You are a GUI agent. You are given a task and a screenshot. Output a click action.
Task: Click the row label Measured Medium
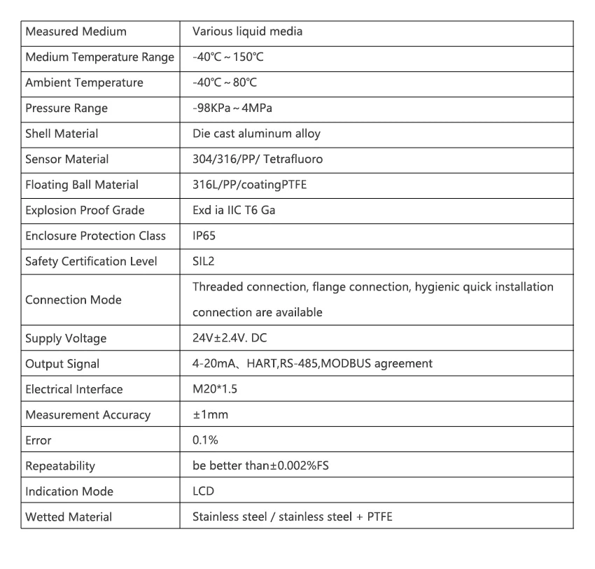coord(76,31)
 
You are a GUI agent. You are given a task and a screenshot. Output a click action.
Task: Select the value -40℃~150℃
coord(227,57)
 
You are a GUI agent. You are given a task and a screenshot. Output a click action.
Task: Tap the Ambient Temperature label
coord(84,83)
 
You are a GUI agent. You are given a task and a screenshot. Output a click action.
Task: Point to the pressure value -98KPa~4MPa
coord(232,108)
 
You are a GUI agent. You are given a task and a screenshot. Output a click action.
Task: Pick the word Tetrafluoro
coord(293,159)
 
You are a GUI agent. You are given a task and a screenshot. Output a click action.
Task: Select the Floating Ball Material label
coord(82,185)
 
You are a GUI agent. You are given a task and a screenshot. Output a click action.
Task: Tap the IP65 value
coord(204,236)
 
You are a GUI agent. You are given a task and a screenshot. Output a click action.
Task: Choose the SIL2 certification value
coord(203,261)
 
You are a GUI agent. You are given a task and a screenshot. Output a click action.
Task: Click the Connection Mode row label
coord(73,300)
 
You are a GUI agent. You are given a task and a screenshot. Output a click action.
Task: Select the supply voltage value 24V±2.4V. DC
coord(230,339)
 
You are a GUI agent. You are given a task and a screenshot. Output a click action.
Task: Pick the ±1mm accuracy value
coord(210,415)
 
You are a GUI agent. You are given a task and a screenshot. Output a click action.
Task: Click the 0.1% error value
coord(205,440)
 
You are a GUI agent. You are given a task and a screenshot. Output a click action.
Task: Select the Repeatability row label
coord(60,466)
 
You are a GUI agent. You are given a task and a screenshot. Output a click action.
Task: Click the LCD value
coord(203,491)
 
